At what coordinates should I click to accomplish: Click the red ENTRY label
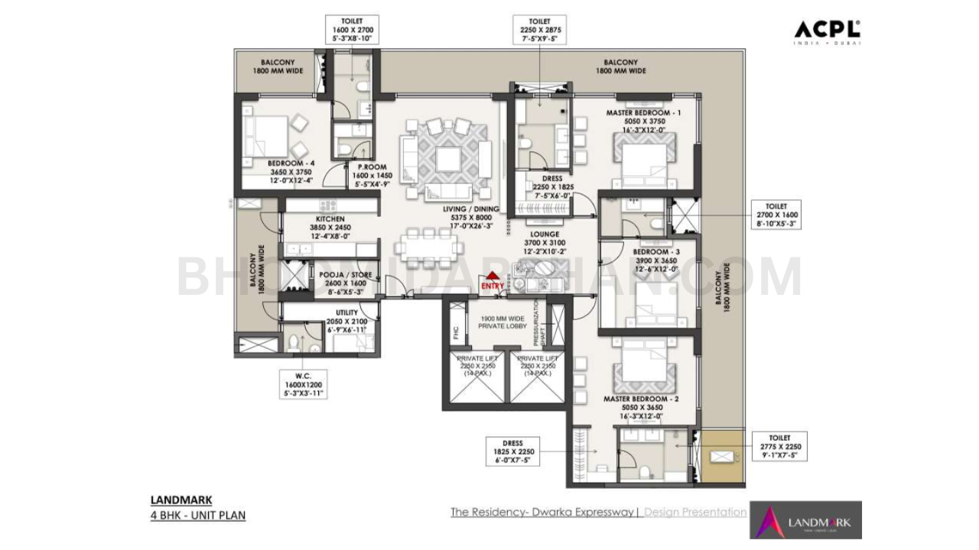pos(493,286)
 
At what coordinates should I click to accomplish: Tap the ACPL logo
pos(827,31)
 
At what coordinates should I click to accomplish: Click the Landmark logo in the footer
pos(805,520)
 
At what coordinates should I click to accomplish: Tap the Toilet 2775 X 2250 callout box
pos(779,448)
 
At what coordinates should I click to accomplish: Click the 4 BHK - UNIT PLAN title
pos(198,515)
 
